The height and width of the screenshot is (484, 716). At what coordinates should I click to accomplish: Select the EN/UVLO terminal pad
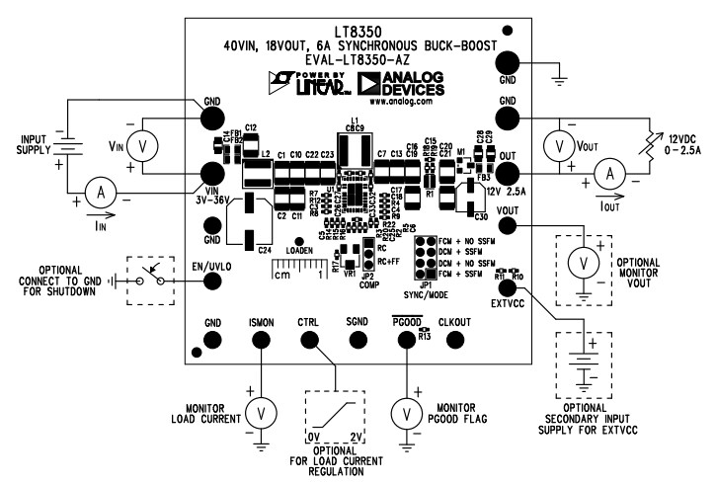(211, 281)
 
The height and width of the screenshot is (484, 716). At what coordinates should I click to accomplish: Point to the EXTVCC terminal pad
(509, 286)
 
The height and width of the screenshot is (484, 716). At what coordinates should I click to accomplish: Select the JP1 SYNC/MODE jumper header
(426, 256)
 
